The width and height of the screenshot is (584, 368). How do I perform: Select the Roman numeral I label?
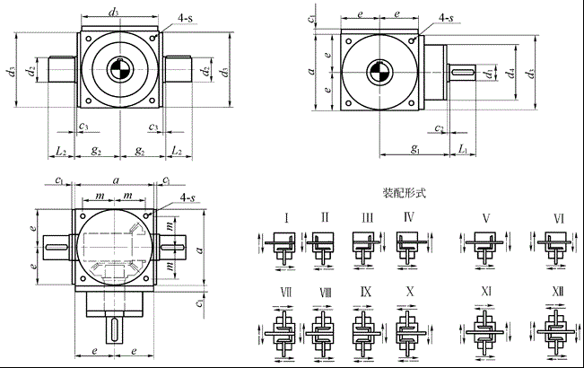pyautogui.click(x=286, y=217)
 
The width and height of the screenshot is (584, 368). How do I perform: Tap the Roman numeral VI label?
pyautogui.click(x=559, y=218)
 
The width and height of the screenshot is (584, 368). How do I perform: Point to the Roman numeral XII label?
pyautogui.click(x=559, y=293)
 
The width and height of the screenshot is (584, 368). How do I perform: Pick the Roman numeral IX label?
pyautogui.click(x=366, y=293)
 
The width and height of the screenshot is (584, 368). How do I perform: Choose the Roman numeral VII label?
pyautogui.click(x=286, y=293)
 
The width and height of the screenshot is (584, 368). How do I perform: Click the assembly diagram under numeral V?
pyautogui.click(x=485, y=243)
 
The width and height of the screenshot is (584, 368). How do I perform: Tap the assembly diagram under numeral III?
pyautogui.click(x=366, y=243)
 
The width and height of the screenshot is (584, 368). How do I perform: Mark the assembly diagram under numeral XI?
pyautogui.click(x=485, y=324)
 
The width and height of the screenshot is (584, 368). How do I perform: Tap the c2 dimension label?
pyautogui.click(x=440, y=128)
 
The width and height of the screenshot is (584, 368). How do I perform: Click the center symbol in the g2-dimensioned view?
pyautogui.click(x=119, y=69)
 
